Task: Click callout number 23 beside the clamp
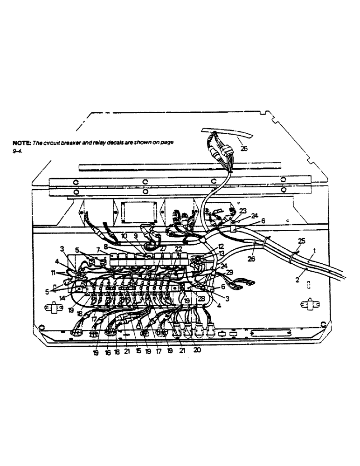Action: point(243,210)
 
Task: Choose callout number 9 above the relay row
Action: point(135,236)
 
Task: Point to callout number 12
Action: point(221,246)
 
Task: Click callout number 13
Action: point(221,253)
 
